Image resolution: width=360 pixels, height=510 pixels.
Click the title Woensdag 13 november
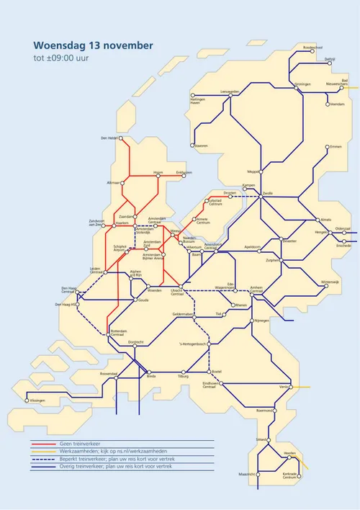point(93,45)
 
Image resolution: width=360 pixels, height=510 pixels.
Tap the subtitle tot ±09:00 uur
point(63,58)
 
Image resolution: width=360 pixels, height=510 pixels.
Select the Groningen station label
point(302,84)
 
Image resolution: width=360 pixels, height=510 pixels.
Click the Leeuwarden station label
point(229,91)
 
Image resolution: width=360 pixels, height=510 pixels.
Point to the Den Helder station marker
point(121,138)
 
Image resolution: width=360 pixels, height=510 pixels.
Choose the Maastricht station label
point(247,474)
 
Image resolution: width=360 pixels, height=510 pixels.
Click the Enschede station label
point(343,246)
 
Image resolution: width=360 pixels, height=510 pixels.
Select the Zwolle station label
point(268,194)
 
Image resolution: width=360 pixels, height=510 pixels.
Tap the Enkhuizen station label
point(184,172)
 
